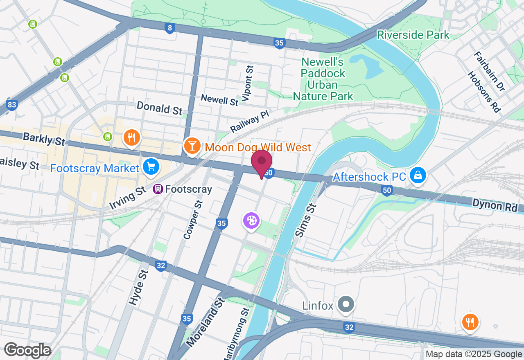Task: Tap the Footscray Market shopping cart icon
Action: coord(151,167)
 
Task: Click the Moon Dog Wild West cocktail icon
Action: coord(192,146)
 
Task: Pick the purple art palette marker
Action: coord(251,221)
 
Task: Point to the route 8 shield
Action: coord(170,28)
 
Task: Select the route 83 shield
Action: coord(11,105)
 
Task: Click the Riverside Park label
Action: coord(413,35)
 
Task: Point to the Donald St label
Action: coord(159,109)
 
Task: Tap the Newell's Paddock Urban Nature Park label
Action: coord(323,79)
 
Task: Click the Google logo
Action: coord(27,350)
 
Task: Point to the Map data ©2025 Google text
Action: coord(473,354)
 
